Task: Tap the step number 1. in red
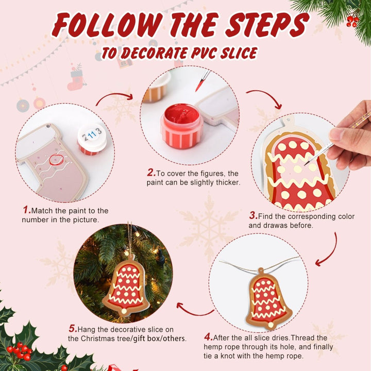click(27, 210)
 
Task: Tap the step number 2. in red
click(151, 173)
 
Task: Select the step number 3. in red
click(253, 216)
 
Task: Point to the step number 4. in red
click(208, 338)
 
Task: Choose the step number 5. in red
click(73, 328)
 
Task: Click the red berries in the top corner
click(352, 21)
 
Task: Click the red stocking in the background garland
click(76, 80)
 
